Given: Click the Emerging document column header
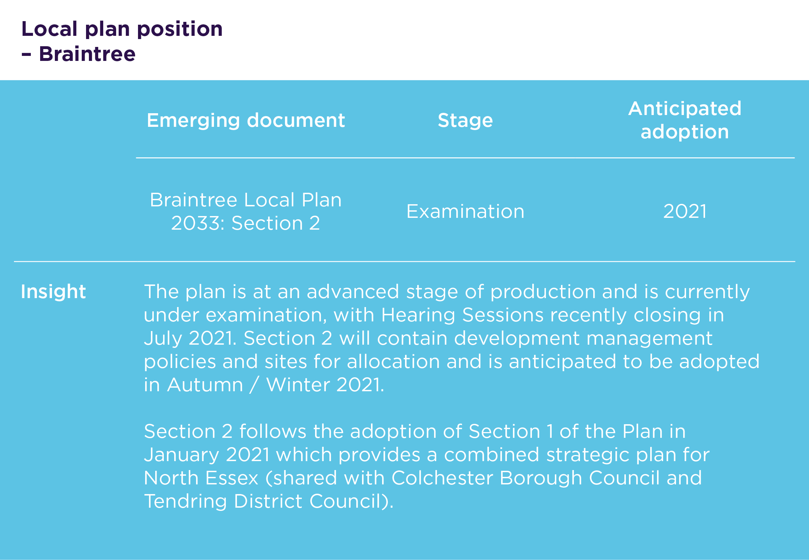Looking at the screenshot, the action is pyautogui.click(x=246, y=121).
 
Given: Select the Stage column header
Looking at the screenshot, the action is pyautogui.click(x=465, y=121).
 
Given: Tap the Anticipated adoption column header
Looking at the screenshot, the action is pyautogui.click(x=685, y=120).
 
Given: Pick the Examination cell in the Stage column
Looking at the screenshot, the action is pyautogui.click(x=465, y=211).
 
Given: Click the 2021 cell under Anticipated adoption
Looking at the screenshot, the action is pyautogui.click(x=685, y=211).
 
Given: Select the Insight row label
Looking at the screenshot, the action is pyautogui.click(x=53, y=291).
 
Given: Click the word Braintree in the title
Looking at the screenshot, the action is pyautogui.click(x=87, y=54).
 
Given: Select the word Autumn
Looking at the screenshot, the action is pyautogui.click(x=205, y=385).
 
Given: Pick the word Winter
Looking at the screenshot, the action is pyautogui.click(x=298, y=385).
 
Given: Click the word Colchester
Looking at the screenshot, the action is pyautogui.click(x=442, y=478).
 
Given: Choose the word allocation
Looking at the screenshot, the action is pyautogui.click(x=393, y=362).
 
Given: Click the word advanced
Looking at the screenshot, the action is pyautogui.click(x=353, y=292).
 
